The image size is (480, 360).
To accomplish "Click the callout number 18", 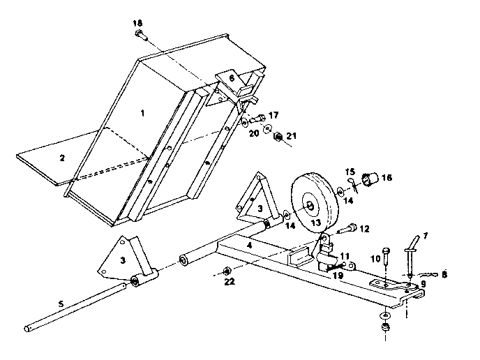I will click(137, 24).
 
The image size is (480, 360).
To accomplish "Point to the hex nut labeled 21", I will click(277, 135).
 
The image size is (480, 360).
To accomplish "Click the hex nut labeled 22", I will click(225, 271).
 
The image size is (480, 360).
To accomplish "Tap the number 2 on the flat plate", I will click(62, 158).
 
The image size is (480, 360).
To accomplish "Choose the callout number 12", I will click(364, 229).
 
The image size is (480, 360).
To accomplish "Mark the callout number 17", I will click(273, 115).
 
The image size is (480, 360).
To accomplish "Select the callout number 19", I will click(338, 276).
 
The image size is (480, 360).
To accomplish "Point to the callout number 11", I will click(345, 257).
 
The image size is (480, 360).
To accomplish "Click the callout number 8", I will click(444, 276).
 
